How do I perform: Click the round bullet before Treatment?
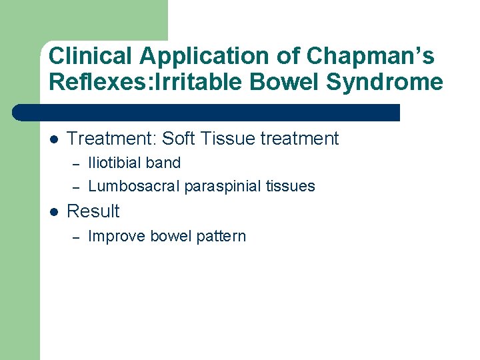pos(54,139)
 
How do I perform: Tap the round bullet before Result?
pos(54,211)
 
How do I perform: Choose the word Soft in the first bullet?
pos(179,139)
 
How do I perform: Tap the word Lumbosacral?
pos(134,186)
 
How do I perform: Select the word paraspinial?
pos(221,187)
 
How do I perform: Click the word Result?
pos(93,211)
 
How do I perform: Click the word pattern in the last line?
pos(221,237)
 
